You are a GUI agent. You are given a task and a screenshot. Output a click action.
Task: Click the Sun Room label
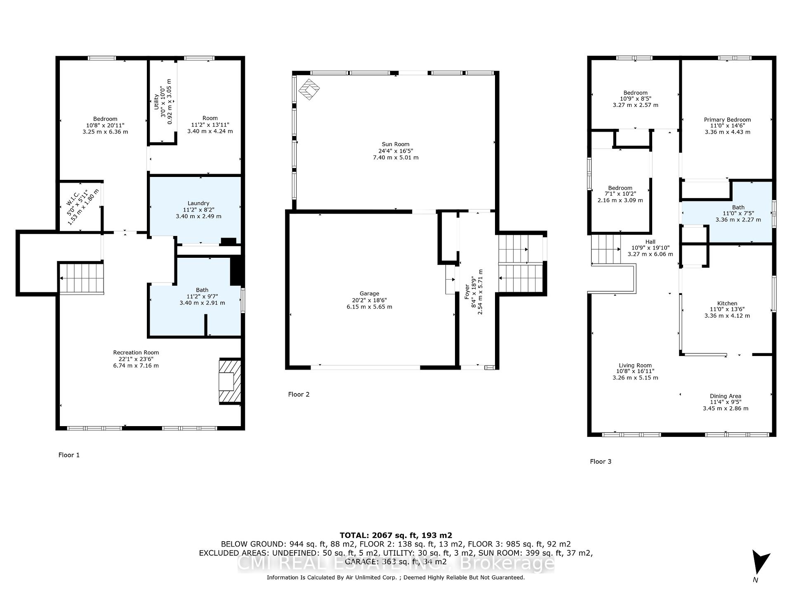click(x=396, y=144)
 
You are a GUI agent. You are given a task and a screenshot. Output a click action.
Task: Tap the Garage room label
click(x=369, y=294)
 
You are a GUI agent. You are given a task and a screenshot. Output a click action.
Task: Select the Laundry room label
click(x=198, y=203)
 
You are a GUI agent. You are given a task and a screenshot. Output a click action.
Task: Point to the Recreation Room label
click(x=136, y=352)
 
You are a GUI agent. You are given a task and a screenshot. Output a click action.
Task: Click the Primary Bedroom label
click(x=727, y=120)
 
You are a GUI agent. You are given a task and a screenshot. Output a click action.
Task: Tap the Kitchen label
click(x=727, y=303)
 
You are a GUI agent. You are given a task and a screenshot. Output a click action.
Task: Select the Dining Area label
click(x=726, y=396)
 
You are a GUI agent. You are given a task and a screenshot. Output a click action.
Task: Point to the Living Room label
click(x=635, y=365)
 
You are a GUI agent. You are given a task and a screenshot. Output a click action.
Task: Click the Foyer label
click(x=467, y=292)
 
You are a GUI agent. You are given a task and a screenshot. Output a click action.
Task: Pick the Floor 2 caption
click(x=299, y=394)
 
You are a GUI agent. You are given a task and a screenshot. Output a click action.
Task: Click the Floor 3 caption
click(x=601, y=461)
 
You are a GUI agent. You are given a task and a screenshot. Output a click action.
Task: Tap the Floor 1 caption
click(x=69, y=455)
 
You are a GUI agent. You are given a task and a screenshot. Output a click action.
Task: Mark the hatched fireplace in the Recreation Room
click(x=230, y=381)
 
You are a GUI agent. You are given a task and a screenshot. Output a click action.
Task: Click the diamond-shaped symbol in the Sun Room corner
click(x=309, y=90)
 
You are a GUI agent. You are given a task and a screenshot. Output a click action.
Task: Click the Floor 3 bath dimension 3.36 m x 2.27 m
click(x=738, y=220)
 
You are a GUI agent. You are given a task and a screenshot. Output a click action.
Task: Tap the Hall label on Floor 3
click(x=651, y=242)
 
